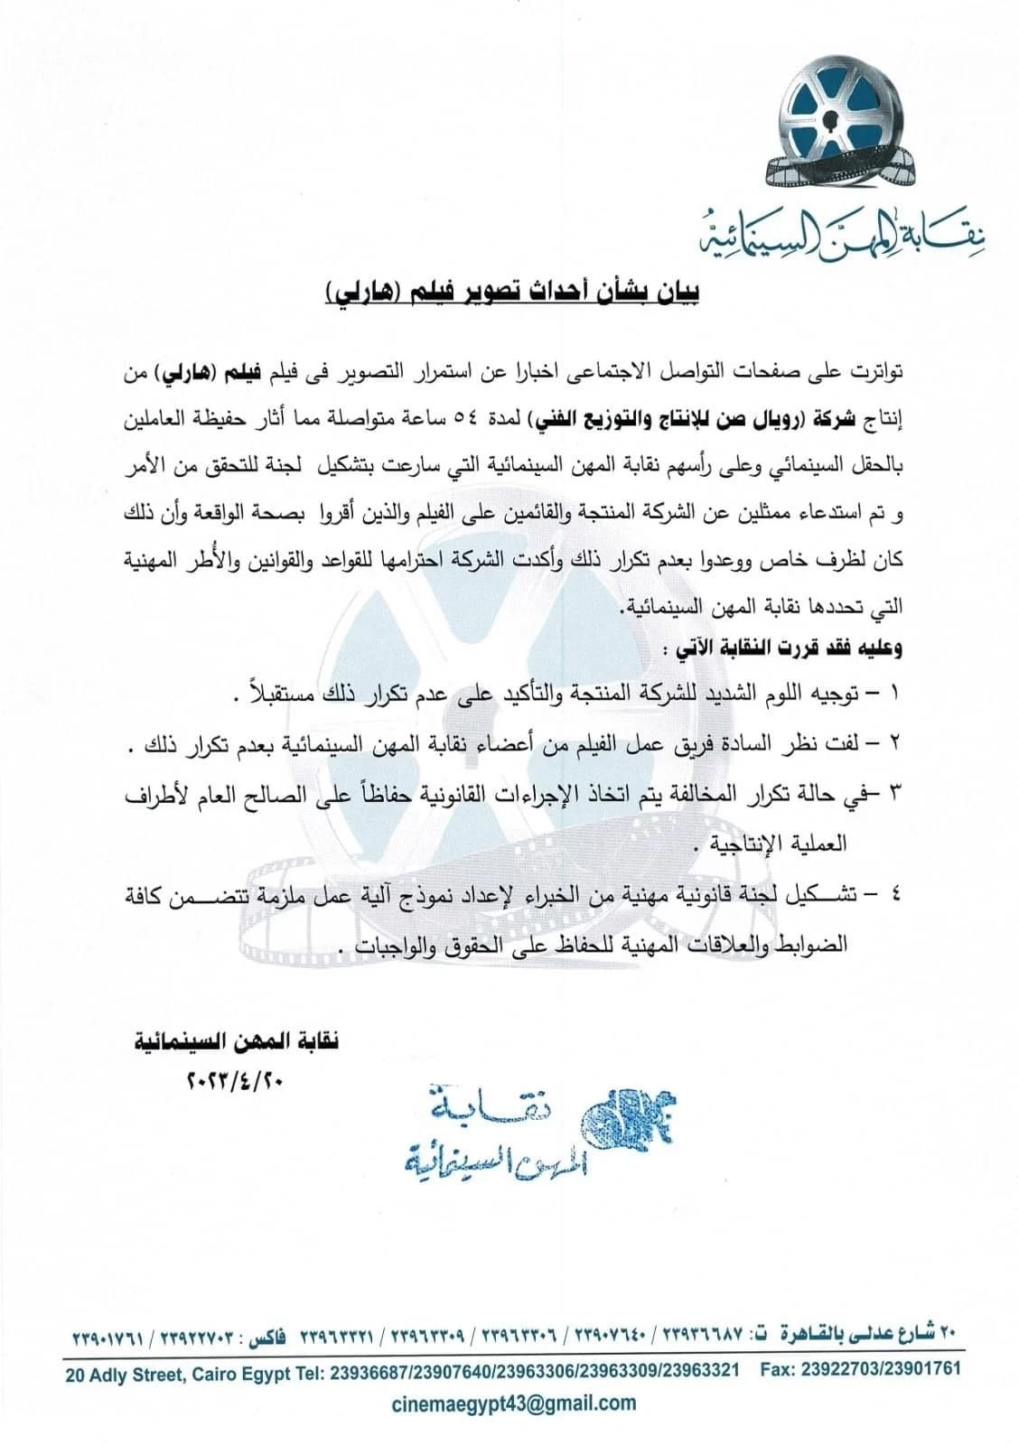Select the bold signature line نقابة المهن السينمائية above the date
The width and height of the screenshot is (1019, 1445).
click(237, 1041)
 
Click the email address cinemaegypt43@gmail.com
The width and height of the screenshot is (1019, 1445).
click(514, 1403)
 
